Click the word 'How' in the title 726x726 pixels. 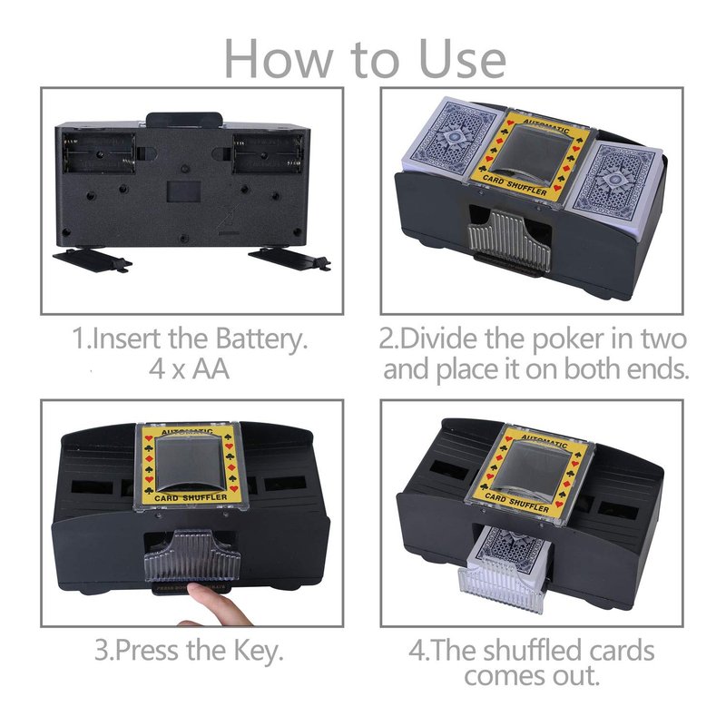click(279, 59)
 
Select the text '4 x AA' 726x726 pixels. click(190, 369)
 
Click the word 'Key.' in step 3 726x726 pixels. click(259, 650)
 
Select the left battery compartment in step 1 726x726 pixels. click(99, 153)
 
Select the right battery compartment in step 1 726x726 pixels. click(269, 153)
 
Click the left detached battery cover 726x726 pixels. click(93, 260)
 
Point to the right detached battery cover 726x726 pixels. click(289, 260)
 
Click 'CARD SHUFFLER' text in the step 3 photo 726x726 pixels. click(191, 497)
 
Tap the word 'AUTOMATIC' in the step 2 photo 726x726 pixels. click(546, 125)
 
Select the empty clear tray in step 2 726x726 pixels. click(509, 240)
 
